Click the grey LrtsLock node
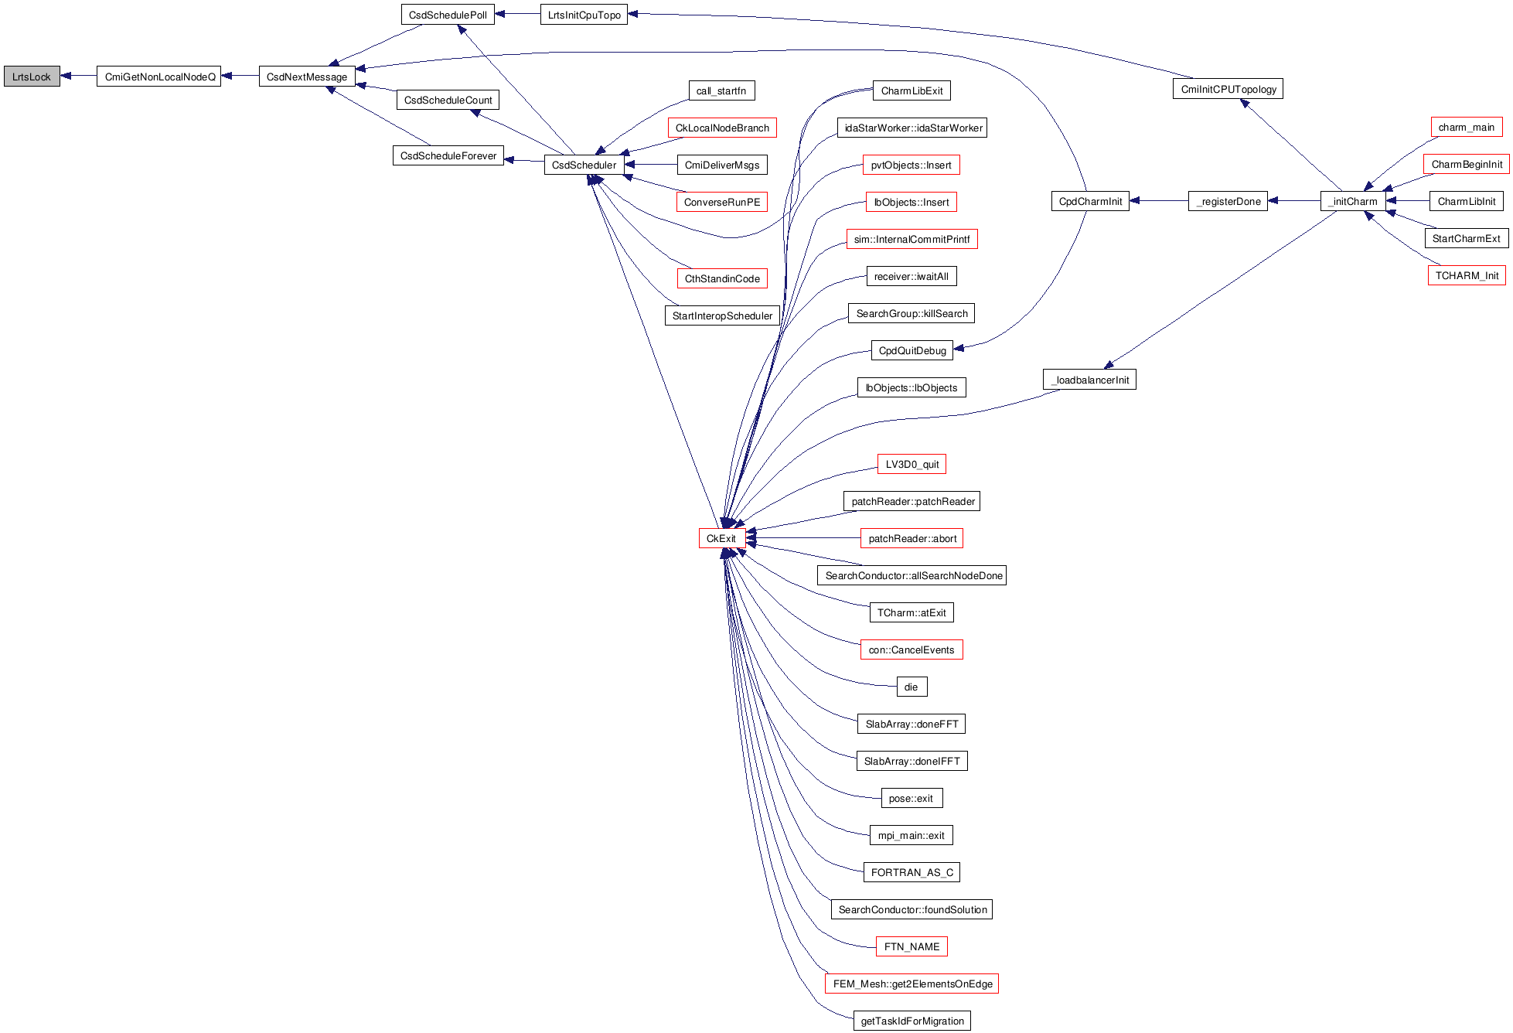pyautogui.click(x=32, y=77)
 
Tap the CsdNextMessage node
pyautogui.click(x=307, y=77)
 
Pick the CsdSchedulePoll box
pyautogui.click(x=448, y=15)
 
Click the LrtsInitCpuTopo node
pyautogui.click(x=584, y=15)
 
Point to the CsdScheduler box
pyautogui.click(x=584, y=165)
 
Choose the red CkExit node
pyautogui.click(x=721, y=538)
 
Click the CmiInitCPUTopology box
pyautogui.click(x=1228, y=89)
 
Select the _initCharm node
pyautogui.click(x=1352, y=201)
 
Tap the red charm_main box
pyautogui.click(x=1466, y=127)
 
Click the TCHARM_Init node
pyautogui.click(x=1466, y=275)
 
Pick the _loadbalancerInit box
pyautogui.click(x=1089, y=380)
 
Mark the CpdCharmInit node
pyautogui.click(x=1089, y=201)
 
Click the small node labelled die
pyautogui.click(x=911, y=687)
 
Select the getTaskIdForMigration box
pyautogui.click(x=912, y=1021)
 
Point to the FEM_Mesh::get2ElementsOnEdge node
pyautogui.click(x=912, y=984)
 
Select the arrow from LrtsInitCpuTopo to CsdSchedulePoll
pyautogui.click(x=517, y=14)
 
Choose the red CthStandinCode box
pyautogui.click(x=721, y=278)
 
